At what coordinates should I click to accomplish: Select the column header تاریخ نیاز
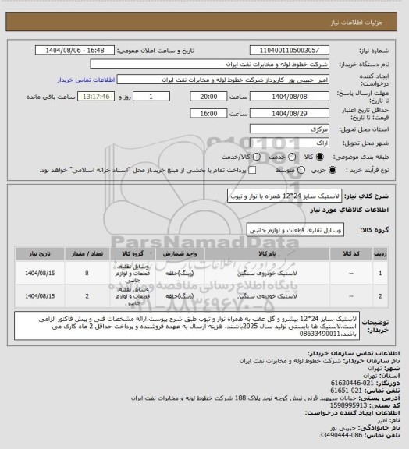[36, 254]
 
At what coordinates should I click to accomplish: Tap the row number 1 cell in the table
[380, 274]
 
